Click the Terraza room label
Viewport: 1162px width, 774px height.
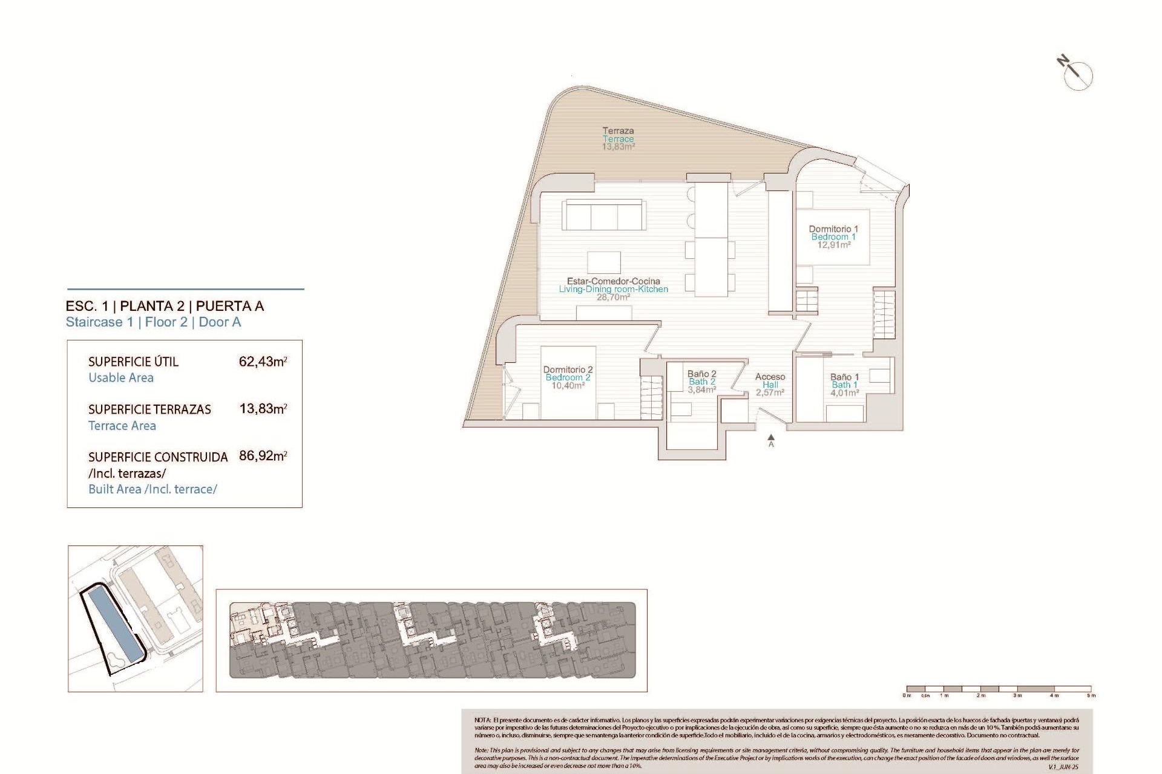click(618, 131)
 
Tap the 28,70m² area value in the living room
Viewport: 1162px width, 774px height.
click(613, 298)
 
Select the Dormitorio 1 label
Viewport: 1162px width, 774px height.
click(833, 229)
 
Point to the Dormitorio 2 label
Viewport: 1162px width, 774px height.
click(568, 369)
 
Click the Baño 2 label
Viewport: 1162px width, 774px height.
click(701, 374)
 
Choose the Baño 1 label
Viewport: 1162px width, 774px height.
click(844, 377)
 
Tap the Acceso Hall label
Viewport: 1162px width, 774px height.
click(770, 380)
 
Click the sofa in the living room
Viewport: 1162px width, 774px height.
click(603, 215)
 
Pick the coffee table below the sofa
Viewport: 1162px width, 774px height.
click(603, 262)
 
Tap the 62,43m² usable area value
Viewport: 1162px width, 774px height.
click(263, 362)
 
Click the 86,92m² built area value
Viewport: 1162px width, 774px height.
click(263, 456)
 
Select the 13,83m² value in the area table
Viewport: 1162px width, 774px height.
click(263, 409)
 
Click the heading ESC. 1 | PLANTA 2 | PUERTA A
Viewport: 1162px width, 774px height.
click(165, 306)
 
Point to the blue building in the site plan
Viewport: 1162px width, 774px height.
click(115, 626)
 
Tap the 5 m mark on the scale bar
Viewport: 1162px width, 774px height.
click(1091, 695)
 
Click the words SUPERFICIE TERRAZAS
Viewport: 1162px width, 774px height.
click(149, 409)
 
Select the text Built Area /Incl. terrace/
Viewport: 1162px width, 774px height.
click(153, 489)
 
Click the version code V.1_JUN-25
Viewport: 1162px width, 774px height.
click(1063, 767)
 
